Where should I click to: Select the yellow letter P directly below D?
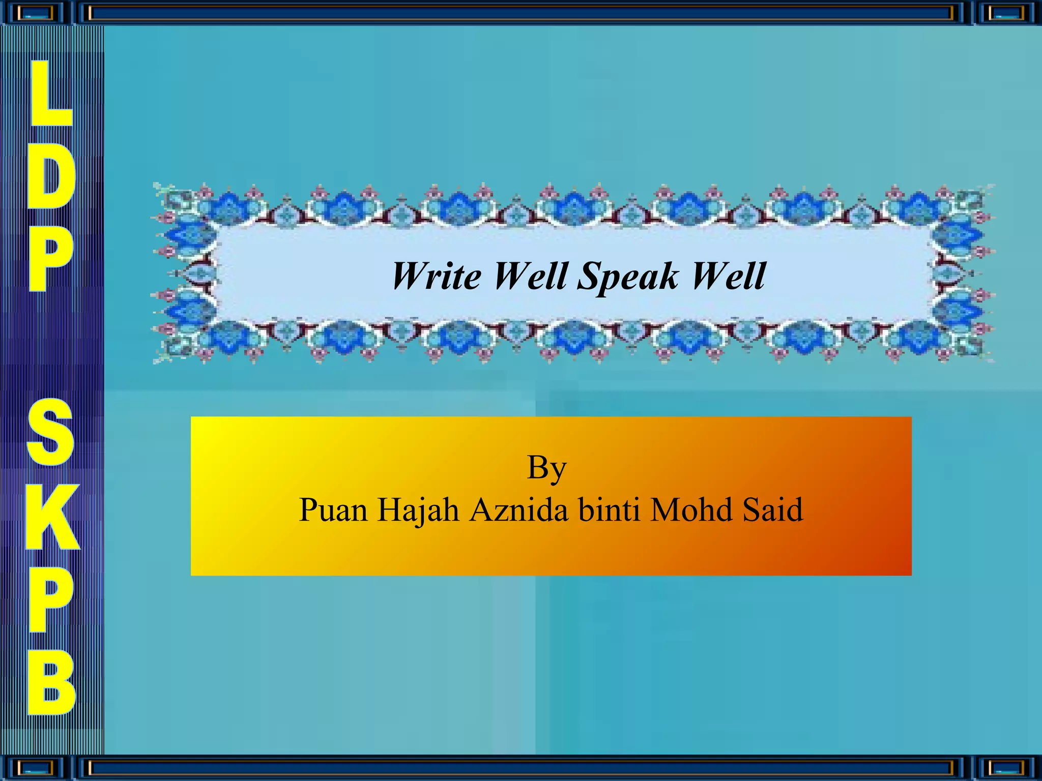(50, 259)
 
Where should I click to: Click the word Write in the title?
(436, 276)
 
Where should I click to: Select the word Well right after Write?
(531, 276)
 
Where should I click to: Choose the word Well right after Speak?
(728, 276)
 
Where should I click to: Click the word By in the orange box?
(546, 468)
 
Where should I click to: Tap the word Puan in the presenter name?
(333, 510)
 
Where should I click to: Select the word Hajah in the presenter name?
(418, 510)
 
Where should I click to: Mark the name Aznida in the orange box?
(518, 510)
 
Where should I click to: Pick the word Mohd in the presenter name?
(691, 510)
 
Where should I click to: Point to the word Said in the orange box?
(772, 510)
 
